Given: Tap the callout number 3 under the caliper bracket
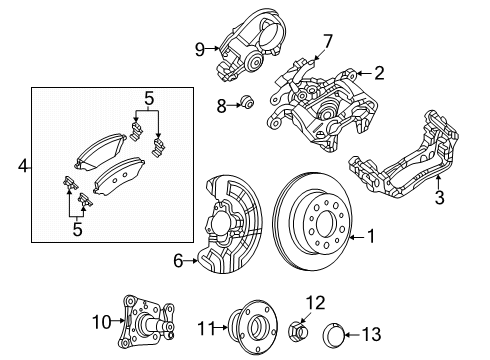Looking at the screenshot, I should coord(438,200).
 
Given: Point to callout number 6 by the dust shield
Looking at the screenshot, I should coord(179,261).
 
